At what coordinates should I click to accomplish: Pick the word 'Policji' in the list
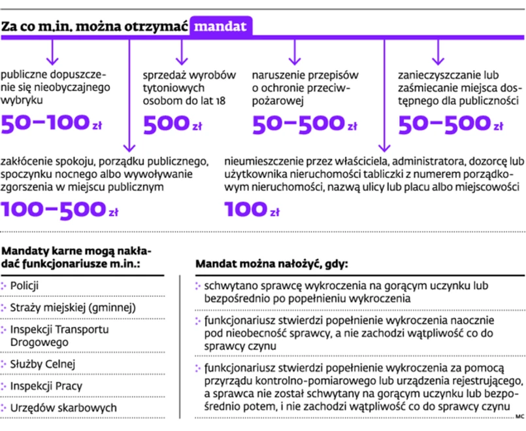(25, 286)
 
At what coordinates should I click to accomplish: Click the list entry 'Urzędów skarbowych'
(54, 407)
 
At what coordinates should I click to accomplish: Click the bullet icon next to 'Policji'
(5, 286)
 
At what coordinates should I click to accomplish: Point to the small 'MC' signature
(520, 417)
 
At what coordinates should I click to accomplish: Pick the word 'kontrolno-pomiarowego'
(321, 381)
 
